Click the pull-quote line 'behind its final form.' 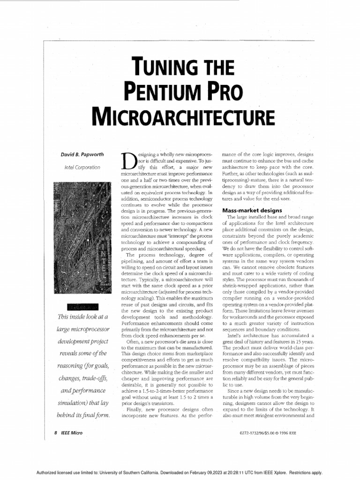pos(83,415)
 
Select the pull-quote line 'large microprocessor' pos(83,330)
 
